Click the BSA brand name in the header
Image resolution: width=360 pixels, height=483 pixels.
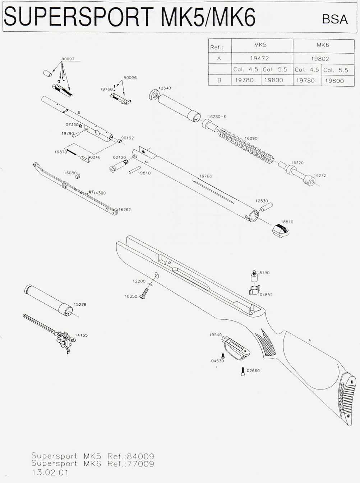pos(335,19)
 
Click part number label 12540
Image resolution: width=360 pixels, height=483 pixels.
pos(164,88)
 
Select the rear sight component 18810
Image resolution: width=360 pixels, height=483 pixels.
pos(280,230)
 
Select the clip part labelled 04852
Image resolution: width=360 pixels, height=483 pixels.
pos(255,290)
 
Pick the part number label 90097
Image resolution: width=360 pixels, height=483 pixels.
pos(68,59)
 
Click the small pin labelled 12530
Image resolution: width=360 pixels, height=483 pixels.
pos(267,207)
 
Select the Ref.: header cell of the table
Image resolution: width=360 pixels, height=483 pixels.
pos(220,47)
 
